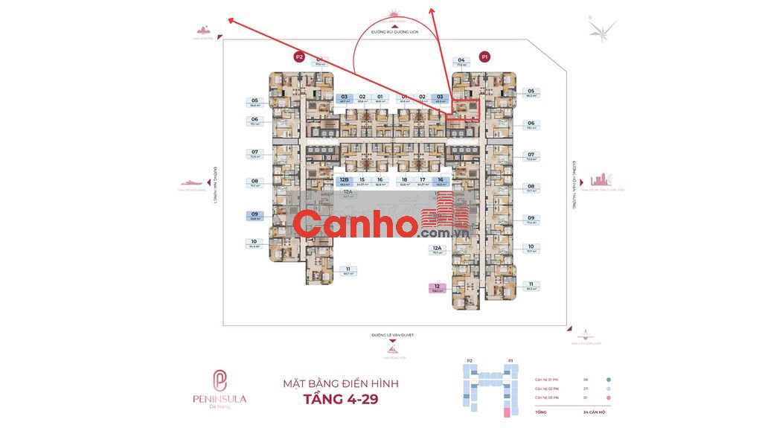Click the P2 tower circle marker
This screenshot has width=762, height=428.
pyautogui.click(x=299, y=57)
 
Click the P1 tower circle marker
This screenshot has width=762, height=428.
pyautogui.click(x=484, y=56)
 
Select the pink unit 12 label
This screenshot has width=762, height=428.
pyautogui.click(x=438, y=287)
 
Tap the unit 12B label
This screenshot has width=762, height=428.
pyautogui.click(x=344, y=179)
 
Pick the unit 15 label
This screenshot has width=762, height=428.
pyautogui.click(x=362, y=179)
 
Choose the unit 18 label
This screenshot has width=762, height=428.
pyautogui.click(x=404, y=179)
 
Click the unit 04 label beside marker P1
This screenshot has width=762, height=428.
pyautogui.click(x=461, y=60)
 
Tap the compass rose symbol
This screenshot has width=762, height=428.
pyautogui.click(x=601, y=30)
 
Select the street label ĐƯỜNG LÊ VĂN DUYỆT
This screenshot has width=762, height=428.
pyautogui.click(x=392, y=336)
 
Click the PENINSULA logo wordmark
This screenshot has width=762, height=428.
pyautogui.click(x=220, y=399)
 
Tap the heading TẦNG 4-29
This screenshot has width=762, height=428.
pyautogui.click(x=341, y=399)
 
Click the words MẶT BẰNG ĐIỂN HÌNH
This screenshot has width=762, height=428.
pyautogui.click(x=341, y=383)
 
